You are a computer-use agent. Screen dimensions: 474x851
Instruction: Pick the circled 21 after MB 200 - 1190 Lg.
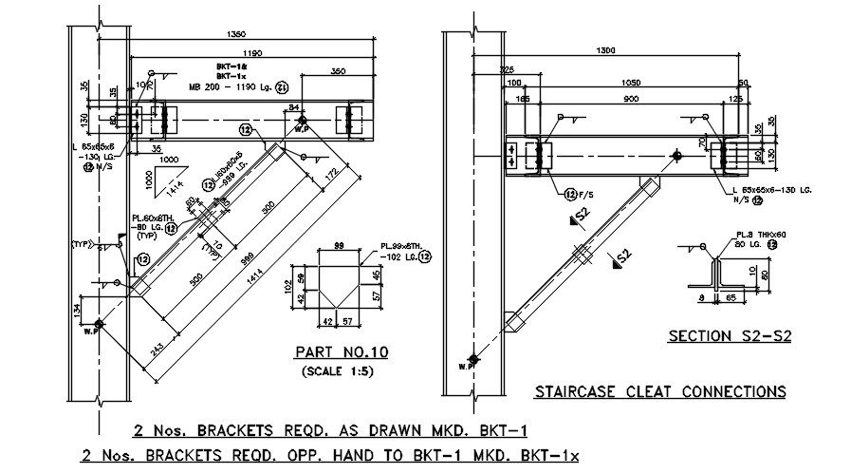282,88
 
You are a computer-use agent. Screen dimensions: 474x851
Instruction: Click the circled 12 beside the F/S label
570,194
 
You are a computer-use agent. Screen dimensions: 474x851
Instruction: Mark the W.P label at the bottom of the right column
465,366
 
